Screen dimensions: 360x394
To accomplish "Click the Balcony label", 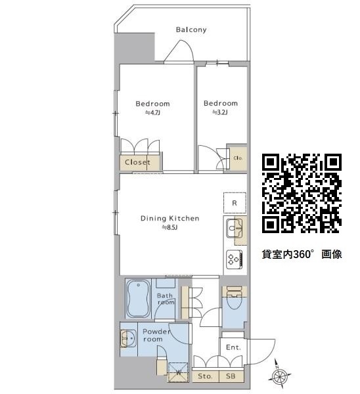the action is pyautogui.click(x=191, y=30).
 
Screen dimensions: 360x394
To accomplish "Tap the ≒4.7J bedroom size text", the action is pyautogui.click(x=152, y=112).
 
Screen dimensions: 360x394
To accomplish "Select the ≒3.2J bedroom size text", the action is pyautogui.click(x=220, y=112).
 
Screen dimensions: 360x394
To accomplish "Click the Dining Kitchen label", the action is pyautogui.click(x=169, y=218).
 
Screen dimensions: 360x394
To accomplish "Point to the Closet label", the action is pyautogui.click(x=137, y=162).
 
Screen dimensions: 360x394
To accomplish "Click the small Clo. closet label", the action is pyautogui.click(x=238, y=158).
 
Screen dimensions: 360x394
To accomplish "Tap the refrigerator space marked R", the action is pyautogui.click(x=235, y=203).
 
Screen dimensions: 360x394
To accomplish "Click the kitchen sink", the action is pyautogui.click(x=235, y=228).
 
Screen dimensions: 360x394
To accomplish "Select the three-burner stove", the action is pyautogui.click(x=235, y=259).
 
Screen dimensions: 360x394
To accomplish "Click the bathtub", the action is pyautogui.click(x=138, y=299).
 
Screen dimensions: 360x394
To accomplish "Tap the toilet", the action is pyautogui.click(x=234, y=299).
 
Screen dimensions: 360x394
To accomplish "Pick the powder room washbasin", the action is pyautogui.click(x=129, y=338).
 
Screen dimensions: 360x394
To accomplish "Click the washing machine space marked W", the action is pyautogui.click(x=178, y=372).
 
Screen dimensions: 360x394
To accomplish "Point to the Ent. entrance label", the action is pyautogui.click(x=234, y=347).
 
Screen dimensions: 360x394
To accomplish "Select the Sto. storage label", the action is pyautogui.click(x=205, y=376).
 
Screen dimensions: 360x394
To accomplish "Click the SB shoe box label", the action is pyautogui.click(x=231, y=376).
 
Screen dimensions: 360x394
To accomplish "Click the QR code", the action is pyautogui.click(x=302, y=193).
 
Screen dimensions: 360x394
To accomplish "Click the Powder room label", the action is pyautogui.click(x=156, y=335).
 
